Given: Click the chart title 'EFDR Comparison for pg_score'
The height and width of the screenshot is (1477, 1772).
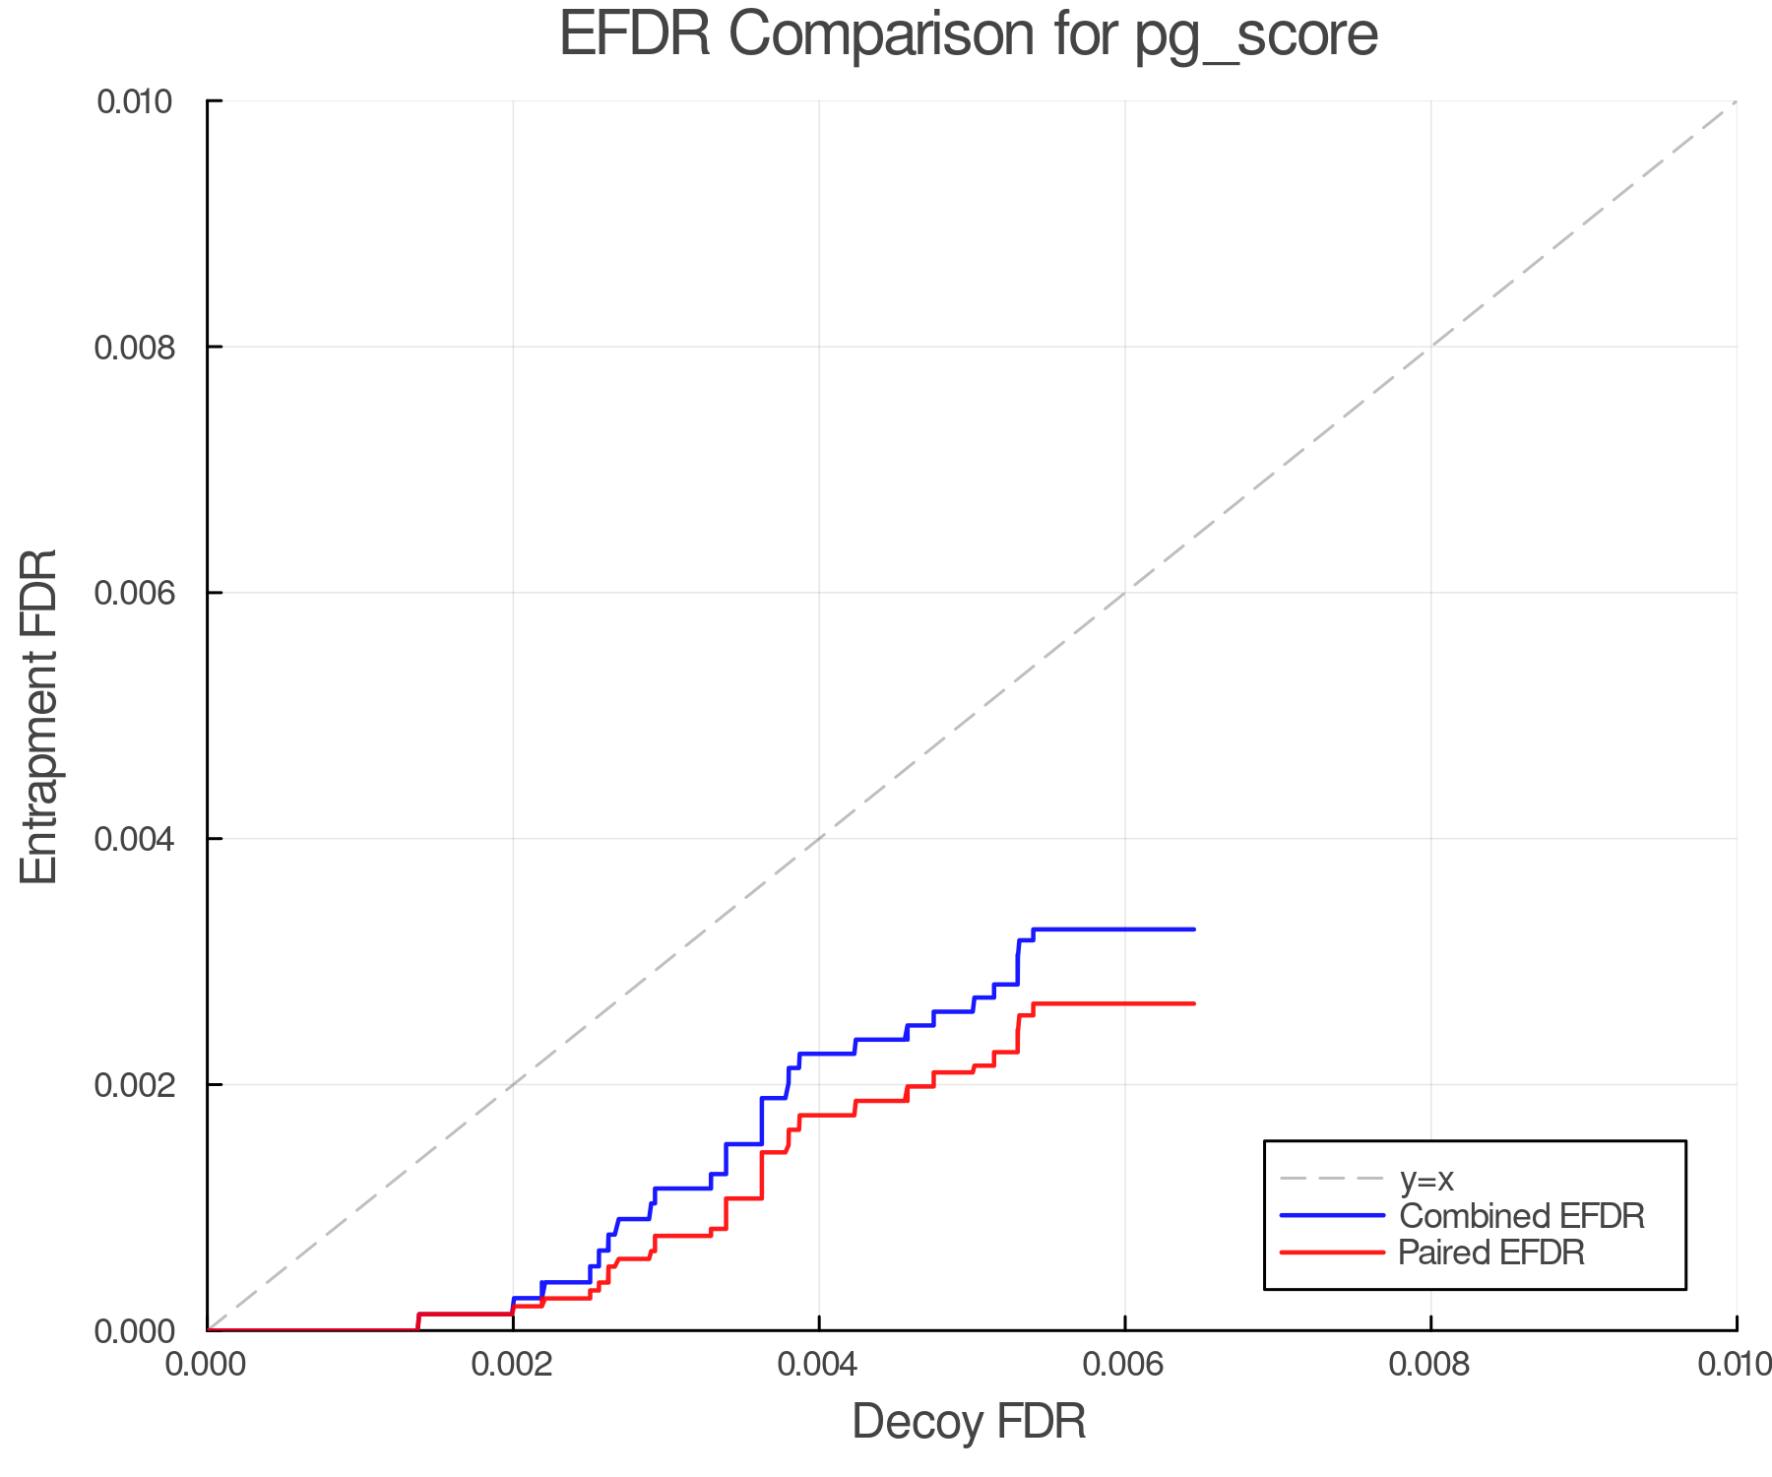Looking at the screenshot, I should click(x=969, y=35).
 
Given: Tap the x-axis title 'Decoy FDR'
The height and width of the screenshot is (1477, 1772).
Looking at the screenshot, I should click(x=969, y=1422).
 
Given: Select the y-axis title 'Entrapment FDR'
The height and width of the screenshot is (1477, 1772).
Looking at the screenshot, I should click(x=39, y=716).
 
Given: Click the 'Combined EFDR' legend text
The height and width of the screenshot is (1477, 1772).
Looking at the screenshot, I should click(x=1521, y=1216).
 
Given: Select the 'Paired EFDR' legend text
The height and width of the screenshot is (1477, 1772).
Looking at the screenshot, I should click(x=1491, y=1252).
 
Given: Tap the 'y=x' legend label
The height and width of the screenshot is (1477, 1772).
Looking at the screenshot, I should click(x=1426, y=1179).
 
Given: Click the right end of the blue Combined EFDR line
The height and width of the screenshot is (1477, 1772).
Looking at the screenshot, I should click(x=1193, y=930).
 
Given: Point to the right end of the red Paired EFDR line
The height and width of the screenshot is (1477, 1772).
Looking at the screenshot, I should click(x=1193, y=1003).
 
